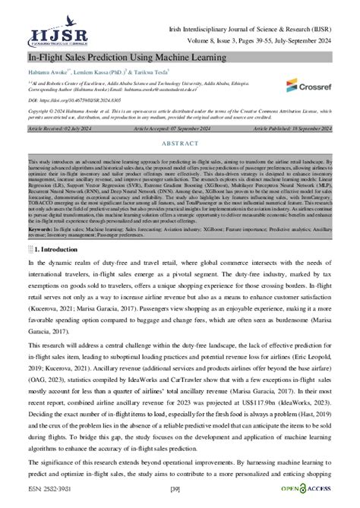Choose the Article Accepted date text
tap(180, 129)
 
